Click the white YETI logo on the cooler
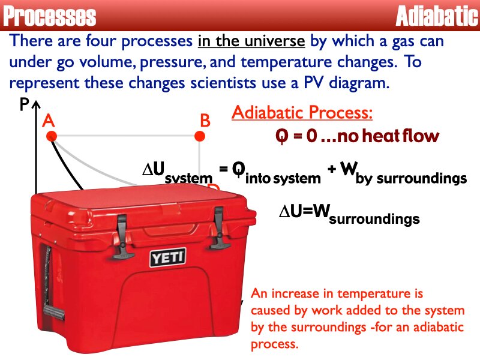[168, 258]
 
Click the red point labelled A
[52, 137]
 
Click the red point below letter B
[200, 137]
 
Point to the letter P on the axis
[24, 105]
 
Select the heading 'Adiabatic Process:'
[302, 113]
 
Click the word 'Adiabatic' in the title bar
[436, 16]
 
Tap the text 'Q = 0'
[296, 136]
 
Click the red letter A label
[49, 121]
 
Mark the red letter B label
[205, 121]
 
